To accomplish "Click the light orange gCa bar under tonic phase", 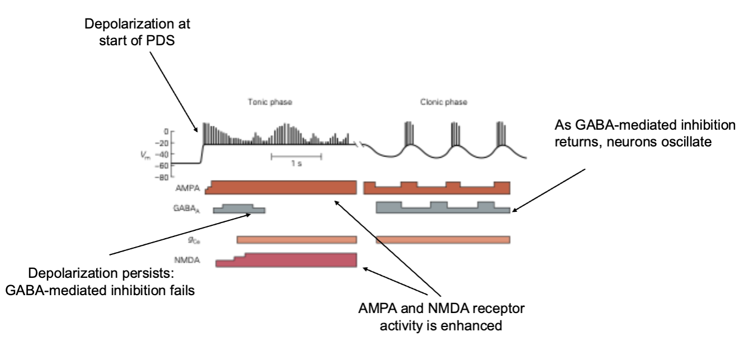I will tap(296, 240).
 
